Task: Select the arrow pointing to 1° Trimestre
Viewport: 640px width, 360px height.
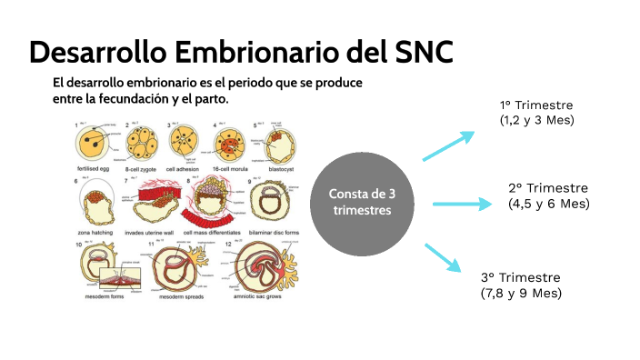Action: coord(448,145)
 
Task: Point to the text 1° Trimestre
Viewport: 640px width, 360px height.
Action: coord(538,105)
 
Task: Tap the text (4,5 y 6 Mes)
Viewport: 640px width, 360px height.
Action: coord(549,204)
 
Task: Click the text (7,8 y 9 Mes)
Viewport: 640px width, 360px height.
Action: coord(521,293)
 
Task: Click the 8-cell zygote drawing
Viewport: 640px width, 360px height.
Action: coord(142,141)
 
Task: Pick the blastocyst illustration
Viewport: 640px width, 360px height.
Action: coord(279,141)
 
